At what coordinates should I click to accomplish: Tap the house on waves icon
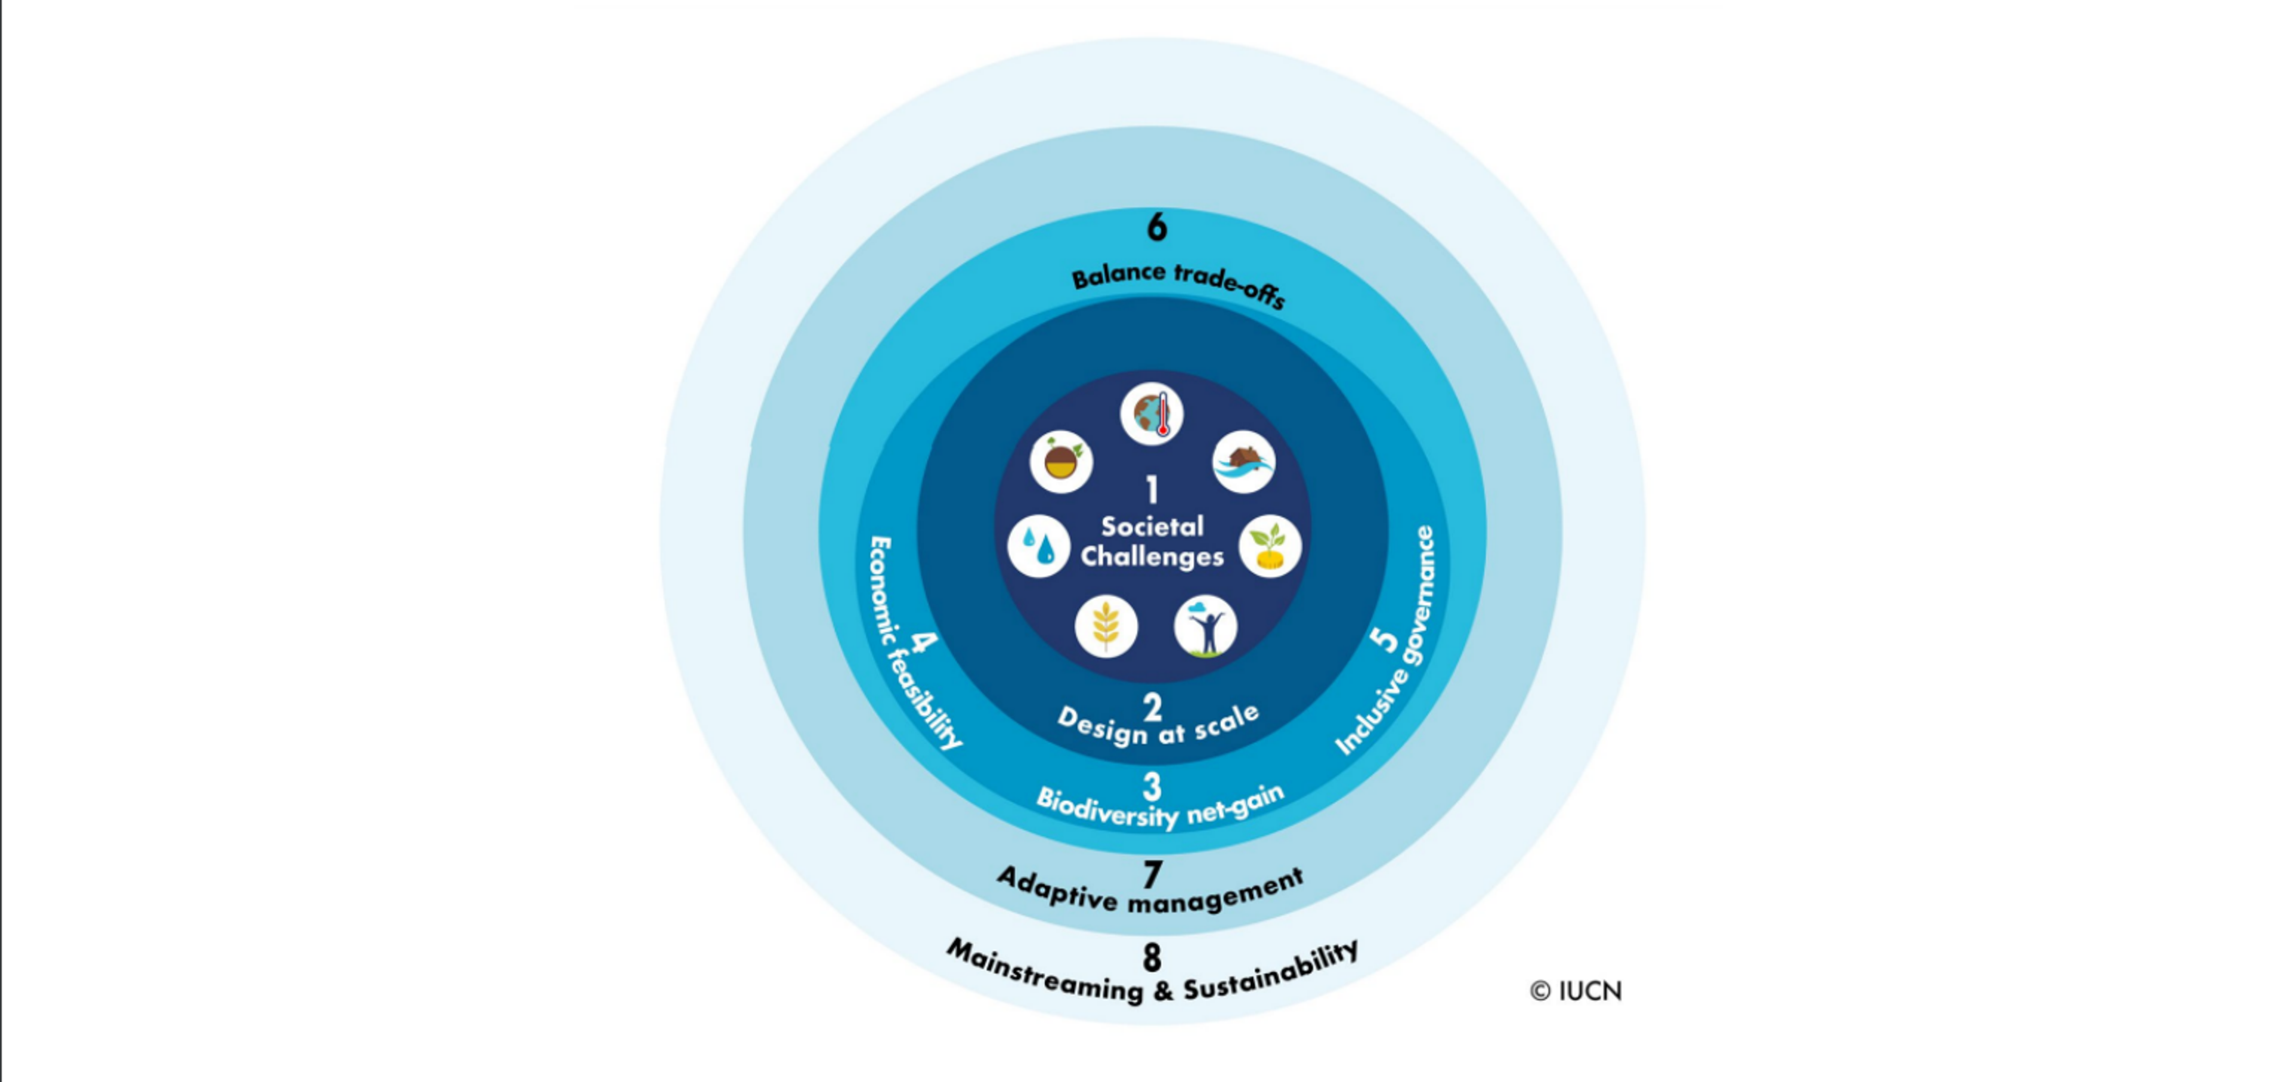pos(1243,462)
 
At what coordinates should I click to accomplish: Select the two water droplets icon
pos(1038,546)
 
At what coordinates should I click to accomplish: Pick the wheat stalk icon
pos(1106,626)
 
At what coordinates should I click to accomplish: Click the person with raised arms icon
pos(1205,626)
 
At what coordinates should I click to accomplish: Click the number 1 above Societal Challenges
pos(1152,490)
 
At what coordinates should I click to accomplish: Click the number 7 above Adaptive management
pos(1152,875)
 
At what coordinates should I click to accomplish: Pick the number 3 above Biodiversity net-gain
pos(1152,787)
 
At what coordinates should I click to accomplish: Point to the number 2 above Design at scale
pos(1152,707)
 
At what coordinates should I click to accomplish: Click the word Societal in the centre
pos(1152,526)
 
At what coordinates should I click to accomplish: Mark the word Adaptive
pos(1058,889)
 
